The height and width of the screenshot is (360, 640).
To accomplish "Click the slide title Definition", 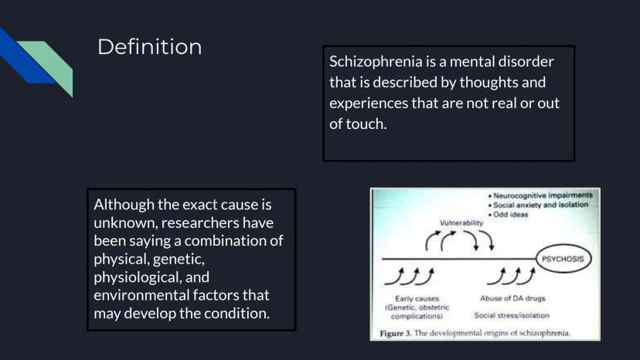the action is click(149, 46).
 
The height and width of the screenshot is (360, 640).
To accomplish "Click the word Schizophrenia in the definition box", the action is click(376, 62).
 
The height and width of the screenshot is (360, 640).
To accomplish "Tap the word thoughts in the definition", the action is click(489, 83).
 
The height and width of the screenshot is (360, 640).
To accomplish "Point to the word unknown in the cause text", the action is click(126, 222).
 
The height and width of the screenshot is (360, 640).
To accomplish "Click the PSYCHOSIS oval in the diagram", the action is click(563, 259).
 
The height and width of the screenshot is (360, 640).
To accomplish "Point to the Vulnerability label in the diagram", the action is click(461, 222).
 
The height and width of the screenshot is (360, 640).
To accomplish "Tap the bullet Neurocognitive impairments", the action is click(540, 195).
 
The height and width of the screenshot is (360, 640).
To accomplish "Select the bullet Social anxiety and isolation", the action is click(538, 205).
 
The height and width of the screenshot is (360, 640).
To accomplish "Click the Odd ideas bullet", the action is click(508, 214).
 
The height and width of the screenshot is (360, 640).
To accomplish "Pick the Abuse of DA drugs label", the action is click(512, 298).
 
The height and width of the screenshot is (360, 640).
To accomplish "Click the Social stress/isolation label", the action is click(512, 315).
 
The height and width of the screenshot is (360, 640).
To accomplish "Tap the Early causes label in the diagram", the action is click(417, 299).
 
